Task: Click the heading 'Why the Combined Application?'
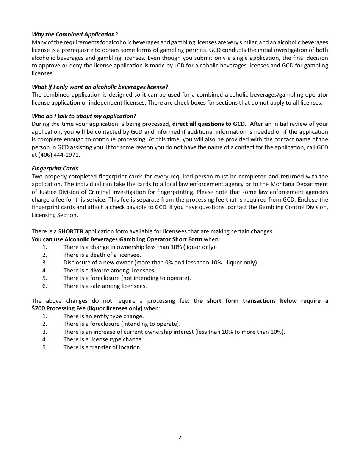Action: (x=75, y=34)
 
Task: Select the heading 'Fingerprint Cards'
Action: (x=55, y=169)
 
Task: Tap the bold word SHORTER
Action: (x=70, y=231)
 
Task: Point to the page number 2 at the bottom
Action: (x=180, y=438)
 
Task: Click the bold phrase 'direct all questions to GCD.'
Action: (x=209, y=124)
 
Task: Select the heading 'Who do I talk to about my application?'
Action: (x=84, y=116)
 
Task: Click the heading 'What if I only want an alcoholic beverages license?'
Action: (x=100, y=87)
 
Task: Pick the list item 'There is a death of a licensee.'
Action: (x=102, y=255)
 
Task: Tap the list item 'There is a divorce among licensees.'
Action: (x=110, y=271)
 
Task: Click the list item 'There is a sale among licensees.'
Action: (x=105, y=286)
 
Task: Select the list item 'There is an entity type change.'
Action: (x=103, y=316)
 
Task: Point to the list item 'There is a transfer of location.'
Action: (x=102, y=347)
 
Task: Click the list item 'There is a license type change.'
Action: (x=103, y=339)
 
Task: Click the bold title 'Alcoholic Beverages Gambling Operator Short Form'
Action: (x=133, y=239)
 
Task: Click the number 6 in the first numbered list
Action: (x=45, y=286)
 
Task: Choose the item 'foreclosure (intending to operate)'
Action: (x=122, y=324)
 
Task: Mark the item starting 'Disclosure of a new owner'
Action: (x=161, y=263)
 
